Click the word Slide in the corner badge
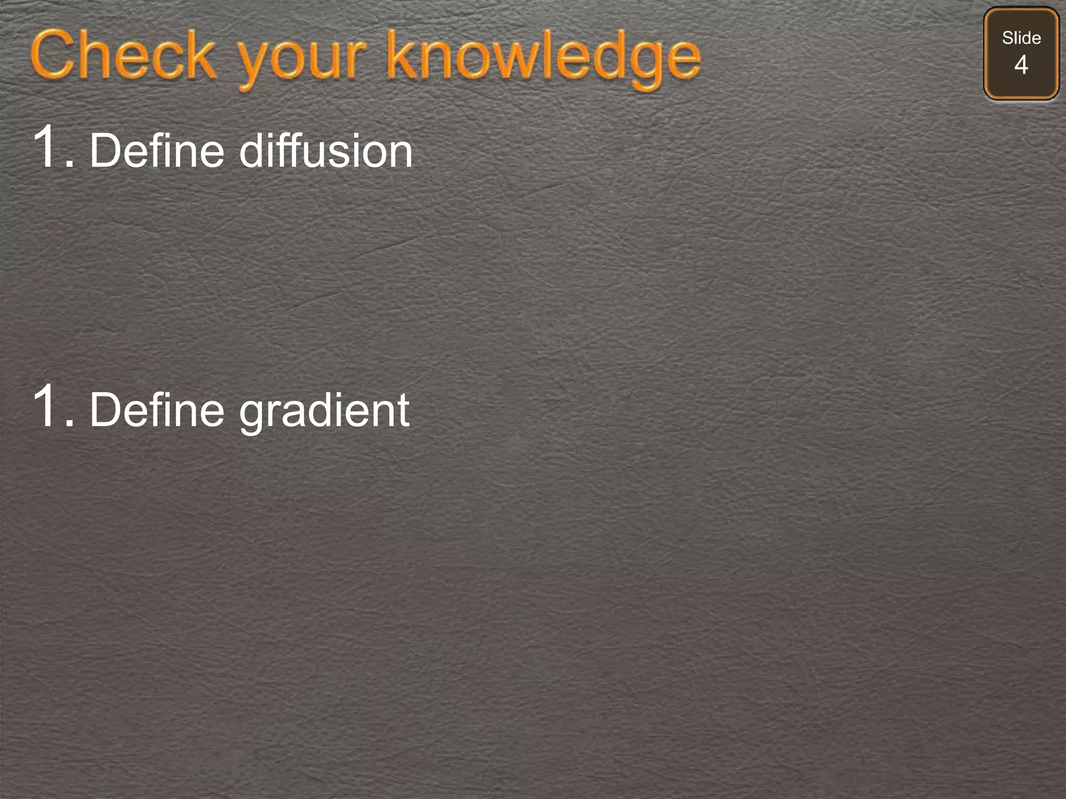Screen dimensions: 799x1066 1021,38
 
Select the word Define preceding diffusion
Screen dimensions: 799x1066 157,151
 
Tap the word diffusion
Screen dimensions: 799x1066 326,151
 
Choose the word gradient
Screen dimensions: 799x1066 324,412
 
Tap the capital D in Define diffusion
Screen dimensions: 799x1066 106,151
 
